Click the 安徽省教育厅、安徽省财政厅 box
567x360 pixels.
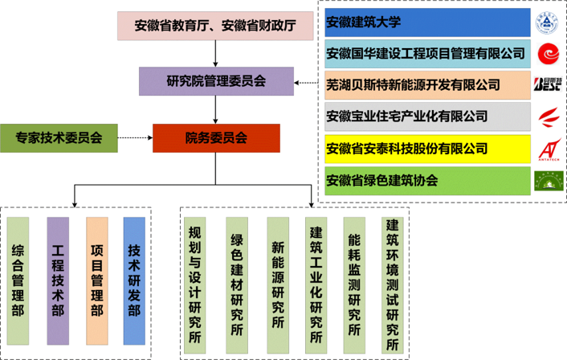point(215,27)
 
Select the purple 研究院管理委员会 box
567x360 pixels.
point(215,81)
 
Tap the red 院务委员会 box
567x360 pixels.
point(215,138)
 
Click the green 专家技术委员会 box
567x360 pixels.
point(59,138)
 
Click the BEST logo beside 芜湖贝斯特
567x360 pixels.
point(549,84)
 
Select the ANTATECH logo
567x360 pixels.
point(549,149)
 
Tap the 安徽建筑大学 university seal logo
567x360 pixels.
point(549,22)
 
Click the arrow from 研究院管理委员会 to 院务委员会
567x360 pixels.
point(215,109)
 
